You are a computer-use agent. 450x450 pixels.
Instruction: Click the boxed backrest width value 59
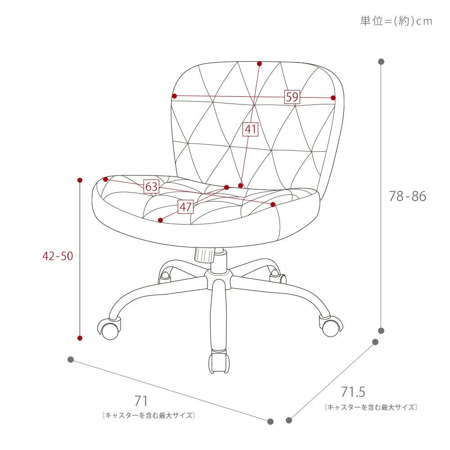292,97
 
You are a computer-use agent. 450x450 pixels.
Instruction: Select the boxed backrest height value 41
251,129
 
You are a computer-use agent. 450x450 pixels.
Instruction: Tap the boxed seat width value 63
151,187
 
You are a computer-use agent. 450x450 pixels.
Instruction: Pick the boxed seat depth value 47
185,207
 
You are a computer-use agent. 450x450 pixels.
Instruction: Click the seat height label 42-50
58,256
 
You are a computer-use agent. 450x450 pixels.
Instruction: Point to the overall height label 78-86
408,196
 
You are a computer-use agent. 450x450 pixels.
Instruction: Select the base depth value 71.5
353,392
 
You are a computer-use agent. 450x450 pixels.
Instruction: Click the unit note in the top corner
396,21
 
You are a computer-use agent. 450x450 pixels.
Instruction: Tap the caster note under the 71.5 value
371,407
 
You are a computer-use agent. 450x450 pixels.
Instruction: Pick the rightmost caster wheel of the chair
332,327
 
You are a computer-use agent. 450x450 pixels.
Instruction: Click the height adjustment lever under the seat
204,255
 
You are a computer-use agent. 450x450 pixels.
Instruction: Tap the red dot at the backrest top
260,64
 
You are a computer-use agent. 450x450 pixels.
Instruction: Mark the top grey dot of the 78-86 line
381,61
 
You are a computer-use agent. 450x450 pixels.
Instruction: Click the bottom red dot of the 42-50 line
80,338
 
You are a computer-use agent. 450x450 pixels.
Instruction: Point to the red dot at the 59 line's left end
174,96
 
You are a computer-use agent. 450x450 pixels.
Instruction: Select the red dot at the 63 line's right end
273,204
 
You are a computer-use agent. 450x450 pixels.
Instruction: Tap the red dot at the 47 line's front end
161,220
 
